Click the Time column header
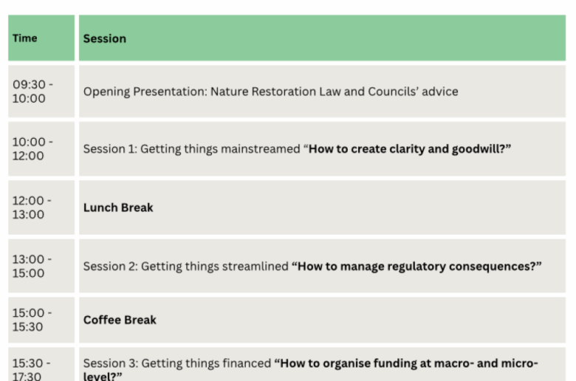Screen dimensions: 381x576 pos(25,38)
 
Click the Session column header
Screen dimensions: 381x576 pos(104,38)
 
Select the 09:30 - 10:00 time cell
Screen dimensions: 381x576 pos(32,92)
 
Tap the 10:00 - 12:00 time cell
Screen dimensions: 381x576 pos(32,149)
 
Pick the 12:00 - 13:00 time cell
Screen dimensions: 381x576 pos(32,207)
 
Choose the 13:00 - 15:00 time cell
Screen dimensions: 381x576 pos(32,266)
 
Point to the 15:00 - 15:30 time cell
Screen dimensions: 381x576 pos(32,320)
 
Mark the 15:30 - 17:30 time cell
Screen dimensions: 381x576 pos(32,369)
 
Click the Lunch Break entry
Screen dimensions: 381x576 pos(118,207)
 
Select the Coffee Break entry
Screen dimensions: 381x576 pos(120,320)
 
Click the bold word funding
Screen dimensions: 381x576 pos(402,363)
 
